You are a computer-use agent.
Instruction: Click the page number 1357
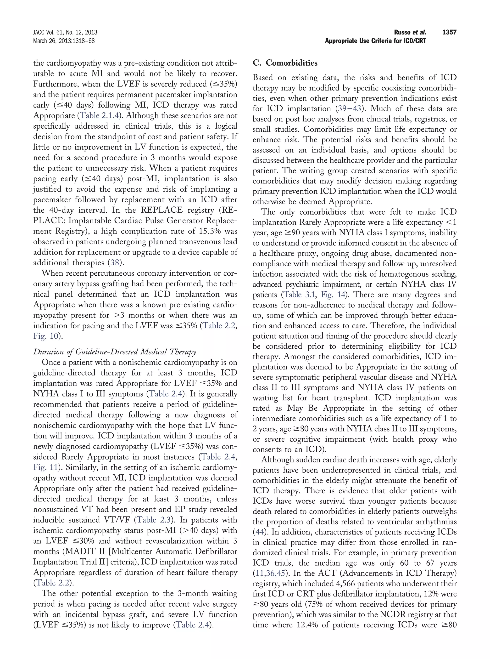[449, 32]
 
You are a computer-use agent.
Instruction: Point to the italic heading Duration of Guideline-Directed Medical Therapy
[115, 352]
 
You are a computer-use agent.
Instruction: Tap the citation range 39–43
[350, 109]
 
